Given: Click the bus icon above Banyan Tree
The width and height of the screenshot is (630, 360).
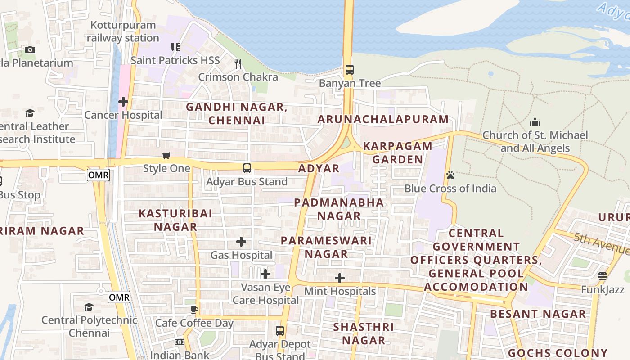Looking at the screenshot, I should tap(349, 70).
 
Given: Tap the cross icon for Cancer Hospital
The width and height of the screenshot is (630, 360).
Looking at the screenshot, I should tap(123, 102).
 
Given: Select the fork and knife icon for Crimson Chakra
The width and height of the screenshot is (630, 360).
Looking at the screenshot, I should tap(238, 64).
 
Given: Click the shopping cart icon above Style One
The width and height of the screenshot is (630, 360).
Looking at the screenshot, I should tap(166, 156).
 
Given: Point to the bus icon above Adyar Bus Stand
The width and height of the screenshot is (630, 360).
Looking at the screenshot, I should tap(247, 168).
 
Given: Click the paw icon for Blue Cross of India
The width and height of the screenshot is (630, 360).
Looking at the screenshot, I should tap(450, 175).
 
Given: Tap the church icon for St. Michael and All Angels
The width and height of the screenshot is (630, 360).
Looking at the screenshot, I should tap(535, 122).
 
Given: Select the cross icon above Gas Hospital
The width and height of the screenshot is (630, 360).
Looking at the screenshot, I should tap(241, 242).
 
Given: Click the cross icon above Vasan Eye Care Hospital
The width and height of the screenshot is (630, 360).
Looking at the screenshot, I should tap(265, 274).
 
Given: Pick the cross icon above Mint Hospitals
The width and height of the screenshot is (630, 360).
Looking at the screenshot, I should tap(340, 278).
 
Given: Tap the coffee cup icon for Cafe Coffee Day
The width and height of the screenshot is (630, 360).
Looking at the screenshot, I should tap(194, 310).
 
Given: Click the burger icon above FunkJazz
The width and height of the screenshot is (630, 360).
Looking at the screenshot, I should tap(603, 276).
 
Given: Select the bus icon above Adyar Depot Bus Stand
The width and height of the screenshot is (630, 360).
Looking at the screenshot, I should tap(280, 331).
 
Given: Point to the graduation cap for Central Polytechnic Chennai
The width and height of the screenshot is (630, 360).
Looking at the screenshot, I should tap(89, 307).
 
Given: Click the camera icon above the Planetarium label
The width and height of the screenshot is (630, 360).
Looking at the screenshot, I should tap(30, 49).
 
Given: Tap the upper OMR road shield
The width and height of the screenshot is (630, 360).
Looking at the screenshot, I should tap(98, 175).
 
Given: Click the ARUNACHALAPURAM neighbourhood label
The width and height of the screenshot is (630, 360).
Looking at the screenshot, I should tap(383, 119).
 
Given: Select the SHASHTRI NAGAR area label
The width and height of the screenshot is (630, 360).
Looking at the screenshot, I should tap(363, 333).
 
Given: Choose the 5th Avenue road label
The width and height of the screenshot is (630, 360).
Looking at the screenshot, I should tap(601, 243).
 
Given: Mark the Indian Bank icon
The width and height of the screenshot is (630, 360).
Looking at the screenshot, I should tap(180, 342).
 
